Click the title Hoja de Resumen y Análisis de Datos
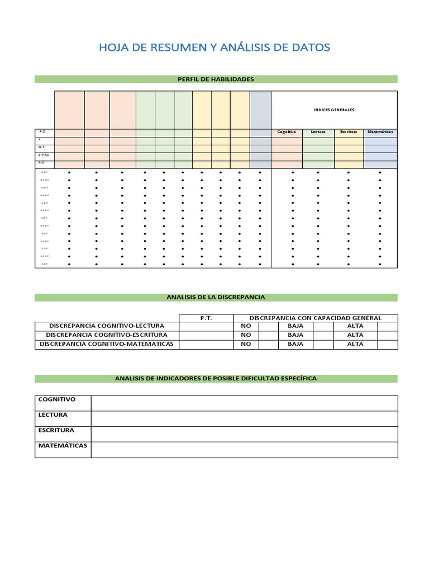(214, 47)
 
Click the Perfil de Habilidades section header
(216, 79)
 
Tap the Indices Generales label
(334, 110)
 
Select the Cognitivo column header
(287, 132)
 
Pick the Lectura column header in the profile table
(318, 132)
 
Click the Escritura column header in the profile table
(349, 132)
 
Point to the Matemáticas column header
(380, 132)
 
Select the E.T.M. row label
(43, 155)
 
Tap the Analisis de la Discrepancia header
(216, 297)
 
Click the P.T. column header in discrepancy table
(206, 318)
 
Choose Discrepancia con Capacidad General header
(315, 318)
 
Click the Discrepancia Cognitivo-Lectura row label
(107, 326)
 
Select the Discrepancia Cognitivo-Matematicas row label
(107, 344)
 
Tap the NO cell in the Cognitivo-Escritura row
(246, 335)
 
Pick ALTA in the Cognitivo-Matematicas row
(355, 344)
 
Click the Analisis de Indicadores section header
(216, 379)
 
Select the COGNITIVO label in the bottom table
(56, 399)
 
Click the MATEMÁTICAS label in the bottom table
(63, 446)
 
